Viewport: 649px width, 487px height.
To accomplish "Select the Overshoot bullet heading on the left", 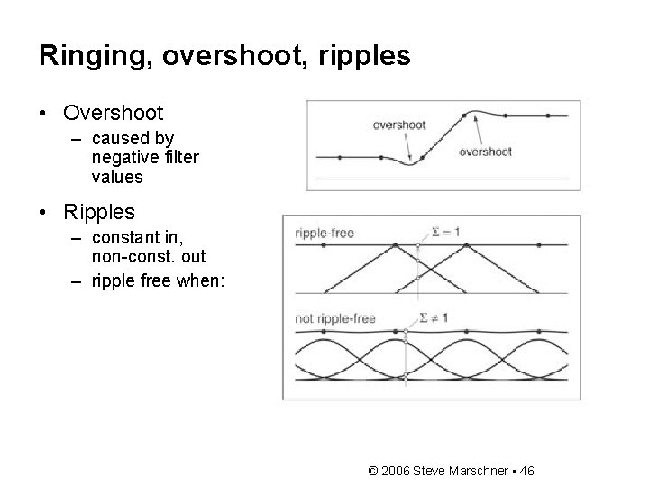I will click(x=113, y=114).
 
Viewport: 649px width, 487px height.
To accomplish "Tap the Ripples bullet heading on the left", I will click(x=99, y=212).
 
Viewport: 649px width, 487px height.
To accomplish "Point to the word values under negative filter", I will click(x=117, y=177).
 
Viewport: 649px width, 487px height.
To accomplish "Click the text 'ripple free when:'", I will click(x=159, y=280).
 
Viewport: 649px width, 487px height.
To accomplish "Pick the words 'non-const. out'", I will click(x=149, y=257).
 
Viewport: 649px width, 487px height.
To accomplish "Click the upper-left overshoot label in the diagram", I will click(x=398, y=125).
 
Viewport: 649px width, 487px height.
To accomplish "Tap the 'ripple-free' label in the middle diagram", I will click(x=324, y=234).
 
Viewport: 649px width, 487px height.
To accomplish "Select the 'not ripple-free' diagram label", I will click(x=334, y=318).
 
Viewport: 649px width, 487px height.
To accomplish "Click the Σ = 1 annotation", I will click(x=445, y=232).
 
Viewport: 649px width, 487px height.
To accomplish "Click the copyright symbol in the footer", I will click(x=374, y=471).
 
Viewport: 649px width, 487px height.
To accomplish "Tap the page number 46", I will click(x=526, y=471).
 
